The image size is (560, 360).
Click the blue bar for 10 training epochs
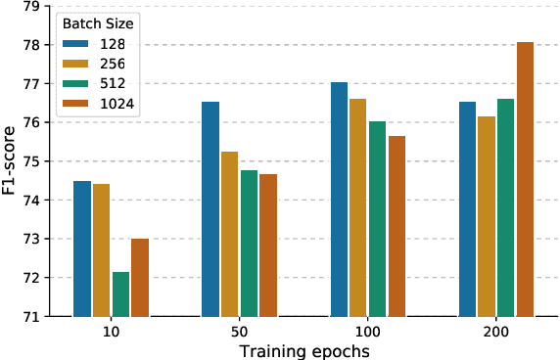(x=82, y=248)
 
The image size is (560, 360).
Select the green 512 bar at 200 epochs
(x=505, y=207)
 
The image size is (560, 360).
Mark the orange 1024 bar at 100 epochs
(x=397, y=226)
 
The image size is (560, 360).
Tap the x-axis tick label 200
(x=495, y=333)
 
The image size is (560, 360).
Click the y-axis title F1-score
(x=10, y=161)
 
